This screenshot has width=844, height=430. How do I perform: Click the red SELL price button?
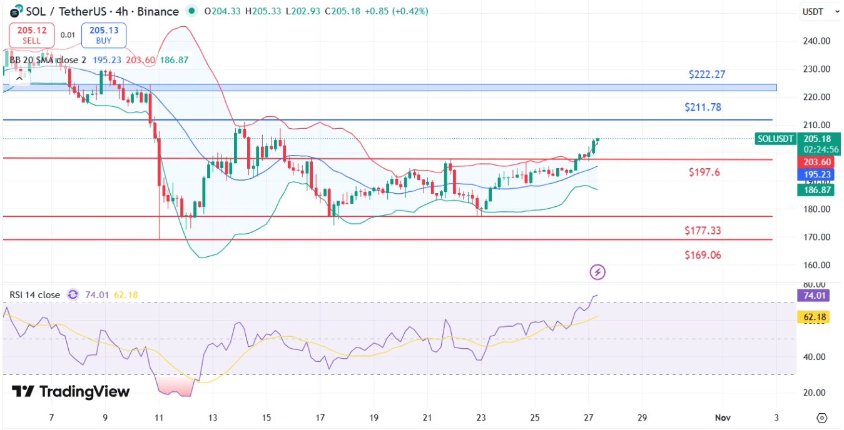coord(31,34)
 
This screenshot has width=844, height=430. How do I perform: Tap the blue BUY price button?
coord(104,34)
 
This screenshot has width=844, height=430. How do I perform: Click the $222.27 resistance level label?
coord(707,74)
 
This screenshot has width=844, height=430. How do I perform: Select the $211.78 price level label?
coord(703,107)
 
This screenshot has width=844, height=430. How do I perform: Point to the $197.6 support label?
coord(704,172)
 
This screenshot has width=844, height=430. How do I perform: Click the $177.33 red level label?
coord(703,231)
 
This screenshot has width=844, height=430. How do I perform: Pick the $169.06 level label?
coord(703,255)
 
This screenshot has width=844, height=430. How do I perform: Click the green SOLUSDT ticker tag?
coord(775,139)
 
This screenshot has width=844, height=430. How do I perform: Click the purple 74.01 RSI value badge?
coord(815,296)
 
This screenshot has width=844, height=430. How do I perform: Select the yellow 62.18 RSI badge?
coord(815,317)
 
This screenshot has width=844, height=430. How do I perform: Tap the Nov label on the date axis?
coord(723,417)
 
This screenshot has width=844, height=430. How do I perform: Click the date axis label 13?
coord(213,417)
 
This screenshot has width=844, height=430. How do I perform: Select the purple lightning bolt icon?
coord(598,272)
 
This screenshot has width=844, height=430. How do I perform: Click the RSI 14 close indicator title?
coord(34,295)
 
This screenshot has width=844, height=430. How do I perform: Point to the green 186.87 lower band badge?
coord(815,190)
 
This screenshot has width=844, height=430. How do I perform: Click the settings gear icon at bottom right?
coord(822,417)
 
